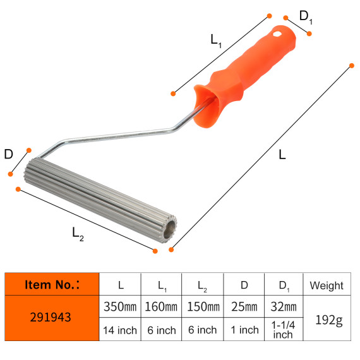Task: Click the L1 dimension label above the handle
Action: click(216, 40)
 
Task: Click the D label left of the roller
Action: click(8, 154)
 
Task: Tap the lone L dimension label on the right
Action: click(282, 155)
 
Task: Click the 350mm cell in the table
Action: click(120, 308)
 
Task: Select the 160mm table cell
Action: click(161, 308)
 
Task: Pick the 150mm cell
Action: click(202, 308)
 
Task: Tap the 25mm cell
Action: click(243, 308)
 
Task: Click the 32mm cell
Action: click(283, 308)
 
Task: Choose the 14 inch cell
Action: click(120, 330)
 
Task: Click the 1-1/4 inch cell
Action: click(283, 330)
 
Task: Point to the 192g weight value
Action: click(327, 319)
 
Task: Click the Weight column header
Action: click(327, 285)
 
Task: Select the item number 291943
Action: click(52, 318)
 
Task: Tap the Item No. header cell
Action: click(52, 285)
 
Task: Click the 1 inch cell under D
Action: click(243, 330)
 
